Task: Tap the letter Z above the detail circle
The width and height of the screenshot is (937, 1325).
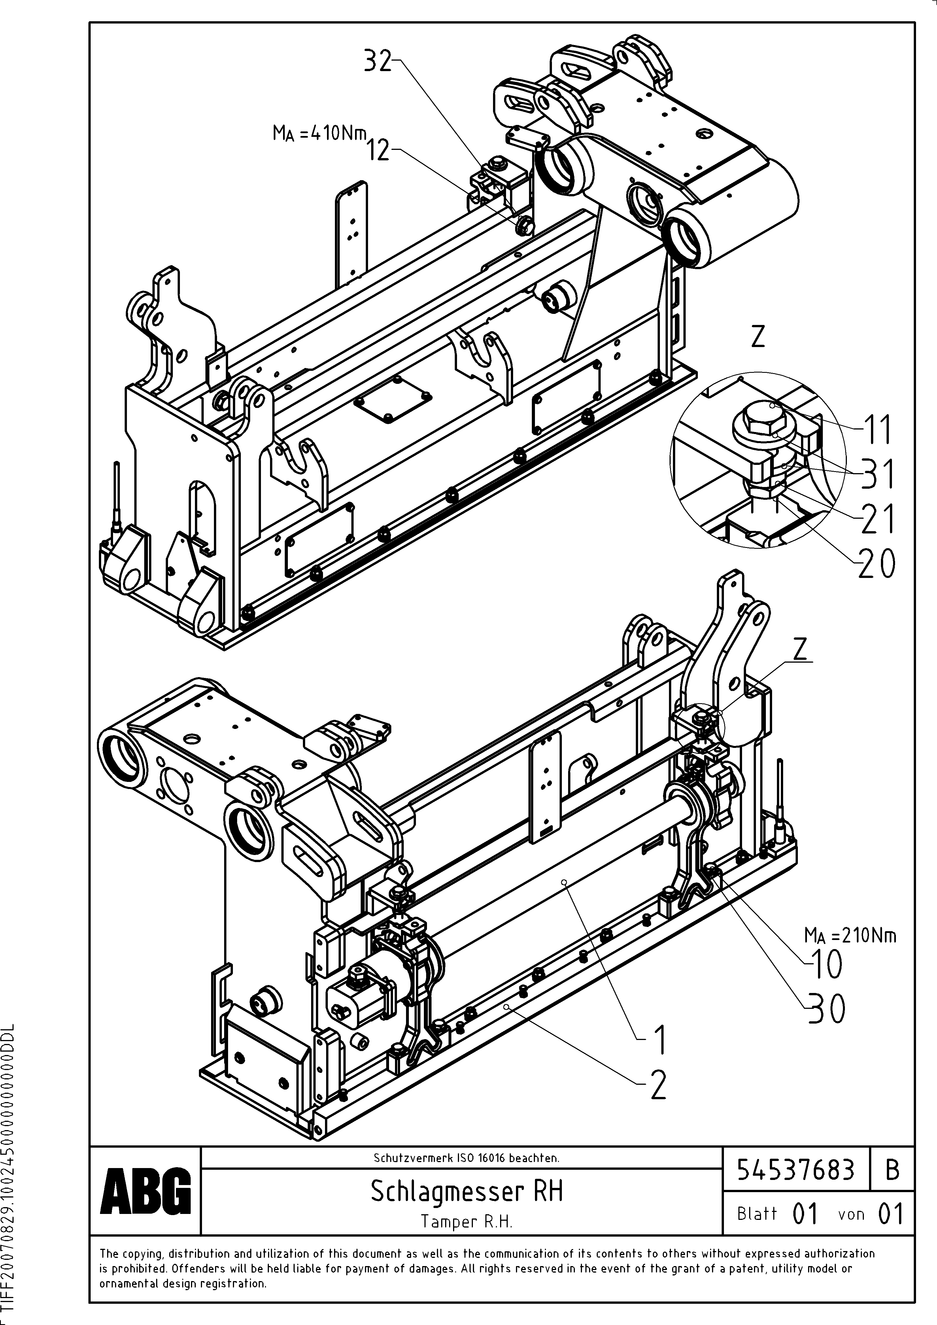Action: pos(758,337)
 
